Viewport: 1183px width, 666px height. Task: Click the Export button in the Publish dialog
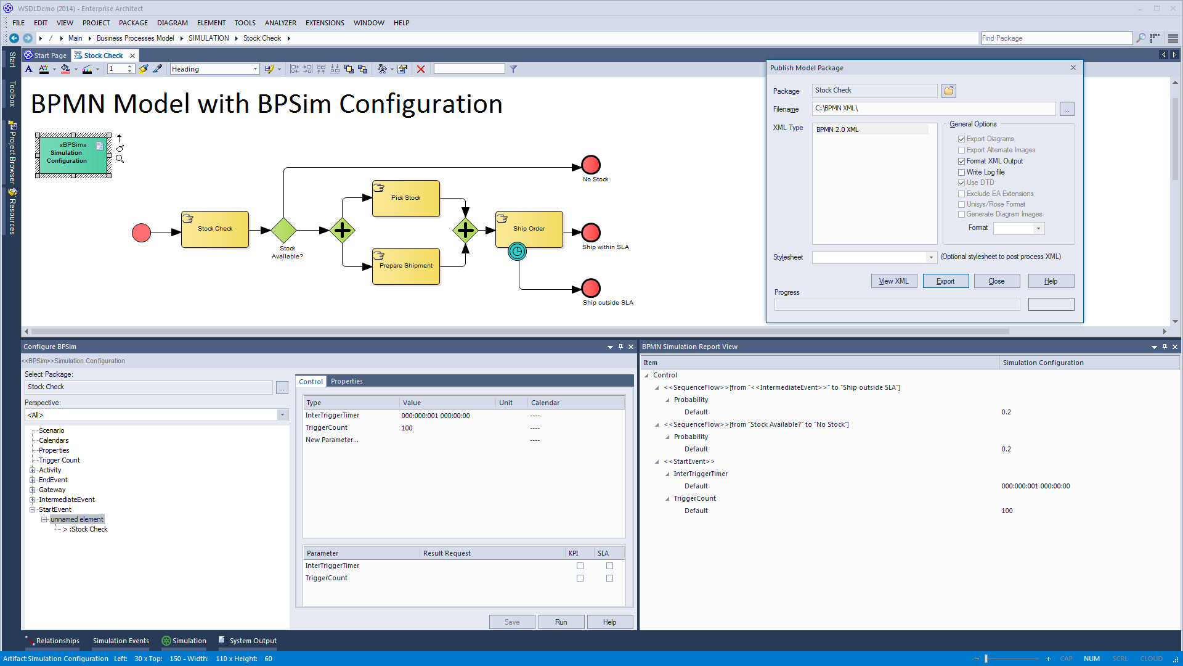click(945, 281)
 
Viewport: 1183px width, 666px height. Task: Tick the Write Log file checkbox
click(961, 172)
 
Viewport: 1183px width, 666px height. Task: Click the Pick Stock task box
click(406, 198)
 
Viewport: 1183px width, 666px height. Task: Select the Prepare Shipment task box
click(406, 266)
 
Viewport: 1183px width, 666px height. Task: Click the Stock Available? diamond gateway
click(284, 230)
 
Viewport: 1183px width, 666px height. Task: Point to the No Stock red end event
click(591, 165)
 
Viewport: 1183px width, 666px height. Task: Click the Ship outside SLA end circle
click(591, 288)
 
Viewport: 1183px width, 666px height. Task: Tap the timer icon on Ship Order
click(518, 251)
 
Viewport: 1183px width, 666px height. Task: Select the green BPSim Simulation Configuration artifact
click(73, 155)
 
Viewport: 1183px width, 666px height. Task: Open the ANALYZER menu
click(280, 23)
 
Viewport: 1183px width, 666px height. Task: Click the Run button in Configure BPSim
click(561, 622)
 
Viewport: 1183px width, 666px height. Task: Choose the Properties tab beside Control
click(347, 381)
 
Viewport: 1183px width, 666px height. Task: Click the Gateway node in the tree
click(52, 490)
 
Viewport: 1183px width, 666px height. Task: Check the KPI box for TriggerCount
click(580, 578)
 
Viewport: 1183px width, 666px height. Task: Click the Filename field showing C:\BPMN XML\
click(933, 109)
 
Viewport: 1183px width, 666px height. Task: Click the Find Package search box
click(1056, 38)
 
